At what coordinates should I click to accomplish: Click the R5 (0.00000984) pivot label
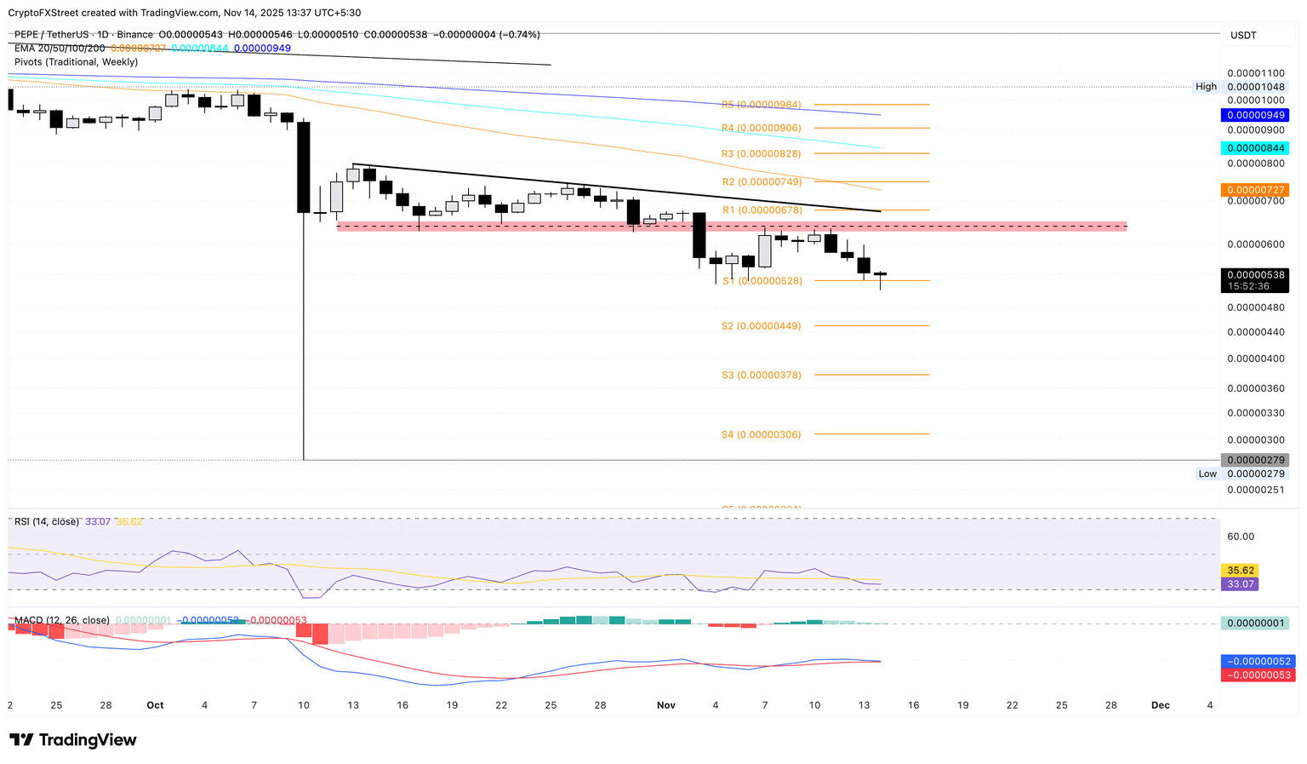coord(761,105)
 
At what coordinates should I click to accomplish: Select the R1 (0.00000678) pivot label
coord(762,210)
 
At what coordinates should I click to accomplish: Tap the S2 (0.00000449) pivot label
coord(761,326)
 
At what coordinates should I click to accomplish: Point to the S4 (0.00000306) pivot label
coord(761,434)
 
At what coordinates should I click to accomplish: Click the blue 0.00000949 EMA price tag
coord(1254,115)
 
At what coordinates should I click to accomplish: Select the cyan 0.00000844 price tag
coord(1254,148)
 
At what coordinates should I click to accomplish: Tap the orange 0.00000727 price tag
coord(1254,190)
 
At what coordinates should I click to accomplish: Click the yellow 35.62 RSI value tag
coord(1239,571)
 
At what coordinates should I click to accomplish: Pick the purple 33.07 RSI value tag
coord(1239,584)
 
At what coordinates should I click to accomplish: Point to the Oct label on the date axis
coord(155,705)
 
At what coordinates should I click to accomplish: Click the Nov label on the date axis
coord(666,705)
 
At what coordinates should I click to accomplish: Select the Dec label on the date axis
coord(1160,705)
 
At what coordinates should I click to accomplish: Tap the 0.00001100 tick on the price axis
coord(1256,73)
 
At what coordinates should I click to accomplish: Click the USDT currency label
coord(1243,35)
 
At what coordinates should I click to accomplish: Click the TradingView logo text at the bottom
coord(73,740)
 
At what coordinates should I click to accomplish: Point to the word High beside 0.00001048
coord(1206,87)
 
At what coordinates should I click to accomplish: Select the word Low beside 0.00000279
coord(1207,474)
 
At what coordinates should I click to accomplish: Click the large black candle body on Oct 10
coord(303,167)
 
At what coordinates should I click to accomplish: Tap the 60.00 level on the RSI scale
coord(1241,537)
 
